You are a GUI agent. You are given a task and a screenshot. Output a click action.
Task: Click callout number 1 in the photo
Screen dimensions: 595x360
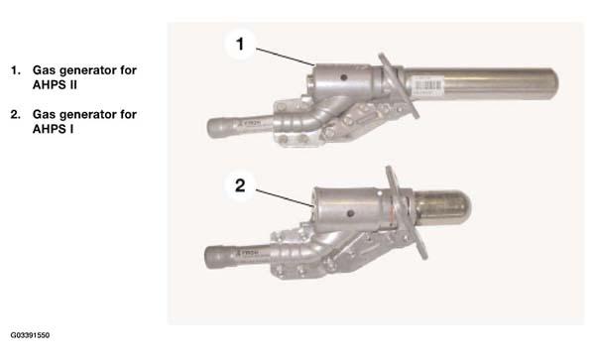[x=240, y=44]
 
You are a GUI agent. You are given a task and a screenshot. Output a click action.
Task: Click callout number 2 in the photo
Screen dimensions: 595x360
[x=240, y=185]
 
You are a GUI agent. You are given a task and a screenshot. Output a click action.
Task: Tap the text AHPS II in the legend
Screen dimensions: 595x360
[x=55, y=85]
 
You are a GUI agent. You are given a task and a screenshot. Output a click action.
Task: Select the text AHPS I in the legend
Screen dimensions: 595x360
[x=54, y=129]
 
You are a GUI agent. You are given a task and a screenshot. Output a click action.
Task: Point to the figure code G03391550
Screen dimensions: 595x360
[x=30, y=335]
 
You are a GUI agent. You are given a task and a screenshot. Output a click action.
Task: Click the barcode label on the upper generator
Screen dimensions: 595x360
[x=426, y=84]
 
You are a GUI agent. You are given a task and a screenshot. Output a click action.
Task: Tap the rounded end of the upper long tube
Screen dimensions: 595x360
[x=553, y=84]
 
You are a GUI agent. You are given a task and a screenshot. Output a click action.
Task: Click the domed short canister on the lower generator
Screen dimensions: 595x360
[x=442, y=207]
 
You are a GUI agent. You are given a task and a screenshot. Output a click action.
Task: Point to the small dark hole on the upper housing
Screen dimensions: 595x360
[x=344, y=77]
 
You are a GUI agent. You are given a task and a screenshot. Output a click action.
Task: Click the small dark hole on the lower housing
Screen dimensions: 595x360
[x=351, y=214]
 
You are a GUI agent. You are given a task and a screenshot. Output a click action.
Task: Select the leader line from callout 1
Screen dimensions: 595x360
[x=286, y=57]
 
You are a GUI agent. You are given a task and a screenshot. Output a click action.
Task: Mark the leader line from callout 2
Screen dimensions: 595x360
[x=285, y=198]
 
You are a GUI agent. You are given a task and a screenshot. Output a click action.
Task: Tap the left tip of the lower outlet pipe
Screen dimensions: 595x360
[x=205, y=257]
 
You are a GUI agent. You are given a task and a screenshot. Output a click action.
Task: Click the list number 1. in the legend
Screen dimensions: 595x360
[x=16, y=70]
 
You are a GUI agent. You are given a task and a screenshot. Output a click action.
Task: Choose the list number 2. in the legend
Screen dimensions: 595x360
[x=16, y=115]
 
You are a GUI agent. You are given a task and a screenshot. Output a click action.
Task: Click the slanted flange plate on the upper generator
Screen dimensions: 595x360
[x=399, y=85]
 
